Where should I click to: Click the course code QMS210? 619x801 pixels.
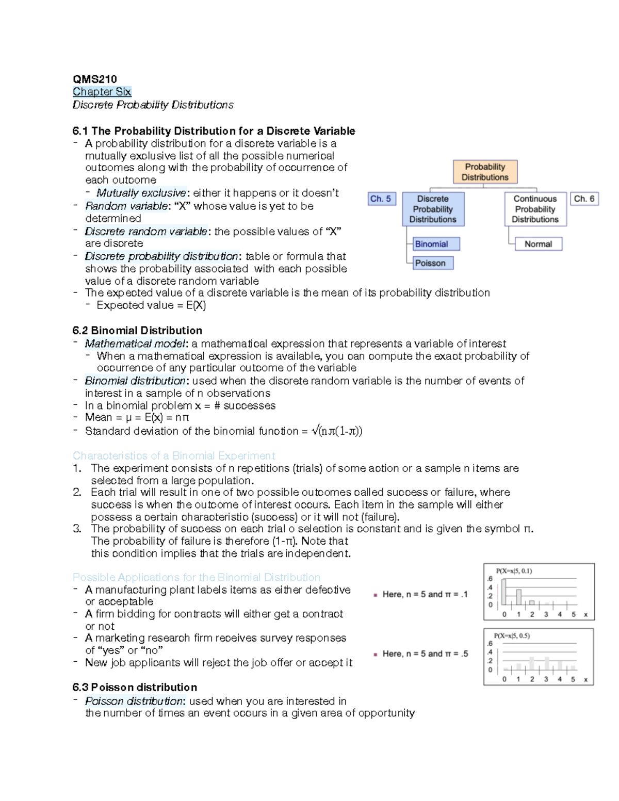[95, 79]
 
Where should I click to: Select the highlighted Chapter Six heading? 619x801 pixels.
[102, 92]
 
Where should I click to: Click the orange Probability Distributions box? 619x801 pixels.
[485, 172]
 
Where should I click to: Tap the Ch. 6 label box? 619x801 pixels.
[584, 199]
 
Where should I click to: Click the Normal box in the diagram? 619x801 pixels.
[538, 244]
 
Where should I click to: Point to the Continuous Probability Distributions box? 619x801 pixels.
[535, 209]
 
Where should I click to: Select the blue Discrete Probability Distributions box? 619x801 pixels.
[433, 209]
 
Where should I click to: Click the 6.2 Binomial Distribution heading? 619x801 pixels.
[137, 331]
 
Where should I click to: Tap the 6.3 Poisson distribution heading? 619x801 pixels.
[135, 688]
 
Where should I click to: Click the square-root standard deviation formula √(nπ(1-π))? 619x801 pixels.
[337, 431]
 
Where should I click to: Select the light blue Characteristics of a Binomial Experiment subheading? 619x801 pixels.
[174, 456]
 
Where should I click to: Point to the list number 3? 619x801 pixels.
[77, 529]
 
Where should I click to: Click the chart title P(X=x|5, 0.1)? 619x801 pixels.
[514, 571]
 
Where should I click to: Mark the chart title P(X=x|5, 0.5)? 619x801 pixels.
[512, 636]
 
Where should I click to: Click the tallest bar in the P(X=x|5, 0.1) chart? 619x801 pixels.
[504, 592]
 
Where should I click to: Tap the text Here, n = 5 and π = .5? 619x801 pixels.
[425, 654]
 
